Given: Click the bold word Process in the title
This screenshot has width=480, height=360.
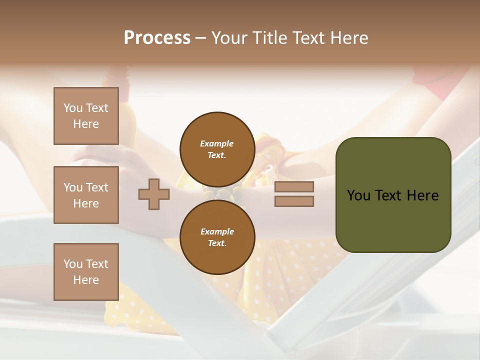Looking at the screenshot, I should click(157, 38).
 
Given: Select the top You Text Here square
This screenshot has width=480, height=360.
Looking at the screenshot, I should click(86, 116).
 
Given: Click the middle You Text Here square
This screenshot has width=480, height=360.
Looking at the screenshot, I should click(86, 195).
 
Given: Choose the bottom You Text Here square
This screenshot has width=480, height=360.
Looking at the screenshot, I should click(86, 272).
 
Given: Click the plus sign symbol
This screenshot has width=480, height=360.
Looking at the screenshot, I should click(153, 194).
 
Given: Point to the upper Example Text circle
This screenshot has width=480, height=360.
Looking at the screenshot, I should click(217, 149).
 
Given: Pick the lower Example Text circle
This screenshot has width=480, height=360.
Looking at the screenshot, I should click(217, 237).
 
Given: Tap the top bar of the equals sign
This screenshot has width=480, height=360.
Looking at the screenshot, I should click(294, 187).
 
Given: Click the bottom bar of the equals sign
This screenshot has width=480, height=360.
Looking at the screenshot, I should click(294, 201).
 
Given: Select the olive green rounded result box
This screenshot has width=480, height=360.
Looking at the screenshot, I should click(393, 194).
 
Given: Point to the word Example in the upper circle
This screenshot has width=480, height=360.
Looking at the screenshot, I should click(217, 143).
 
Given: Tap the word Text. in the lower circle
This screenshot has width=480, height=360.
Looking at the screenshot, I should click(217, 243).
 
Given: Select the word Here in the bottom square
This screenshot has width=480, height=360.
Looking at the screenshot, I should click(86, 280).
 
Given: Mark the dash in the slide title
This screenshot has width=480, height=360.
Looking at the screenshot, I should click(200, 38).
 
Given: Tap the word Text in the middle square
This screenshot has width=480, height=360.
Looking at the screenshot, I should click(97, 187).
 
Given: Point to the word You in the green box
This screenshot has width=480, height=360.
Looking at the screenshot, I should click(358, 195).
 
